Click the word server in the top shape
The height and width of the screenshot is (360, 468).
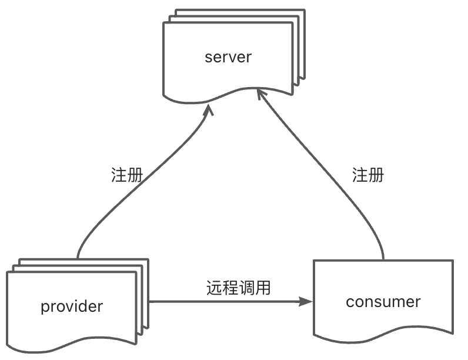point(228,57)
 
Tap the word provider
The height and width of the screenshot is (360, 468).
point(72,306)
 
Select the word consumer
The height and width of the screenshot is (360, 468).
point(383,302)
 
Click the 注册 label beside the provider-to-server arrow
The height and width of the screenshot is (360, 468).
point(127,175)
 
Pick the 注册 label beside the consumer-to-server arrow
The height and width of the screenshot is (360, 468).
point(368,175)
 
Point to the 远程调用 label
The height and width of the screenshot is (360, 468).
point(238,288)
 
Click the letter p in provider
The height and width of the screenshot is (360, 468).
point(45,307)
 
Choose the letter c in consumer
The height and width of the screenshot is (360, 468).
point(350,302)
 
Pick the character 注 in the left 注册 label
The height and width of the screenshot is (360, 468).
point(119,175)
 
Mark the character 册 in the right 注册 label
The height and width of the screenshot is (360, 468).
point(376,175)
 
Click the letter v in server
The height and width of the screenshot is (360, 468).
point(233,58)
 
